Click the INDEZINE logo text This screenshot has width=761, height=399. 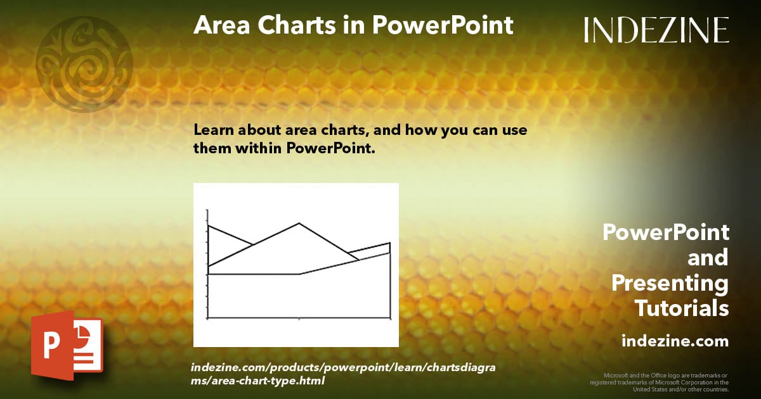656,30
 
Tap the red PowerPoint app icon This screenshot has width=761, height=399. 67,345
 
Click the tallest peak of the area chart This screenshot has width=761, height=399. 299,224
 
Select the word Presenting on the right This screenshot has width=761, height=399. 670,283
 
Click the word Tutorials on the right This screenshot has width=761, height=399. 682,308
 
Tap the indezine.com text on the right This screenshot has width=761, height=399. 675,341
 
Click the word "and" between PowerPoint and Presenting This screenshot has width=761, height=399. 708,258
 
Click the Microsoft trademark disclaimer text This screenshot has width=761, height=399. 660,383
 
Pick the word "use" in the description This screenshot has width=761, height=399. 514,131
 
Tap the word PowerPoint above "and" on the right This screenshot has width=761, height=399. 666,232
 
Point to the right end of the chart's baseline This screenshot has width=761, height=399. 389,318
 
